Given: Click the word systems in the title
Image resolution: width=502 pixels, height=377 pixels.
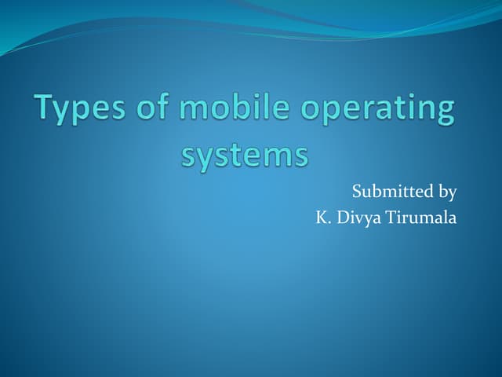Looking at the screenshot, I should (245, 154).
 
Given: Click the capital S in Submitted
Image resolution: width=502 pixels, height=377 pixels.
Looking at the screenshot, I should (357, 191).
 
